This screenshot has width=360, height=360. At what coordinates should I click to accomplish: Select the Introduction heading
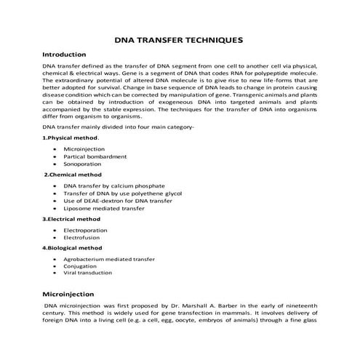click(x=65, y=55)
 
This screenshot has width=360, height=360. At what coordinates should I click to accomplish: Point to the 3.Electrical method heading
click(x=71, y=218)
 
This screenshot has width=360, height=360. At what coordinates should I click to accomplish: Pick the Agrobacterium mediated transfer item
click(x=110, y=258)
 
